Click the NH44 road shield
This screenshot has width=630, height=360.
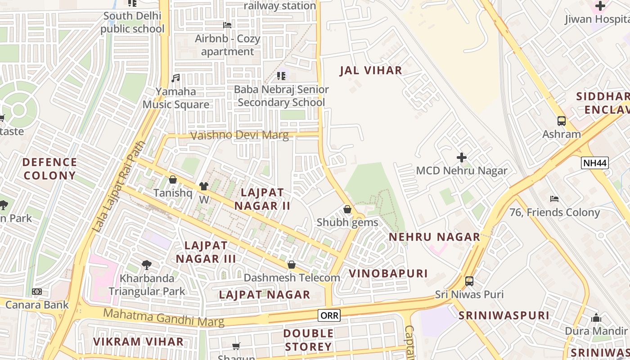pyautogui.click(x=594, y=163)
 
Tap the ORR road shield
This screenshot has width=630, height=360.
pyautogui.click(x=329, y=315)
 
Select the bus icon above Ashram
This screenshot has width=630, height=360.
pyautogui.click(x=561, y=121)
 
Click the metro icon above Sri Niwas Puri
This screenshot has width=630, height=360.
pyautogui.click(x=469, y=281)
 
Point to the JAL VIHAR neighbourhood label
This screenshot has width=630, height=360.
pyautogui.click(x=371, y=71)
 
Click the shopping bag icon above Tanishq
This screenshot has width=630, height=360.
pyautogui.click(x=172, y=180)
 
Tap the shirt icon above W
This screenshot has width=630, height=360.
pyautogui.click(x=204, y=186)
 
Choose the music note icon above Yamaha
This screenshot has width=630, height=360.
pyautogui.click(x=175, y=78)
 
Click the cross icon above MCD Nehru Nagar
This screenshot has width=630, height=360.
pyautogui.click(x=461, y=157)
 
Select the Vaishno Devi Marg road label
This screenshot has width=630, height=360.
pyautogui.click(x=240, y=135)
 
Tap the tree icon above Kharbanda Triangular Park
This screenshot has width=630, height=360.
pyautogui.click(x=146, y=265)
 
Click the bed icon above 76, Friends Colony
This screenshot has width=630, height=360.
pyautogui.click(x=554, y=198)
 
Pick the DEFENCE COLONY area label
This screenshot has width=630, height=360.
pyautogui.click(x=49, y=169)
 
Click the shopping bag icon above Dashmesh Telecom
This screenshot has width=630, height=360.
pyautogui.click(x=291, y=265)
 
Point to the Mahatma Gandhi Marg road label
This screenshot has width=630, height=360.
pyautogui.click(x=164, y=317)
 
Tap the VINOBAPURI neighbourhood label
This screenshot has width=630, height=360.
pyautogui.click(x=388, y=274)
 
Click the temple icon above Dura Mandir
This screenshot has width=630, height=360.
pyautogui.click(x=596, y=318)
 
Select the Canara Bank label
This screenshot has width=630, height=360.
pyautogui.click(x=37, y=305)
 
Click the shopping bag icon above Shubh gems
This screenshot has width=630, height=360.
pyautogui.click(x=347, y=209)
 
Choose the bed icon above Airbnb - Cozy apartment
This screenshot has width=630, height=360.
pyautogui.click(x=227, y=25)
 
